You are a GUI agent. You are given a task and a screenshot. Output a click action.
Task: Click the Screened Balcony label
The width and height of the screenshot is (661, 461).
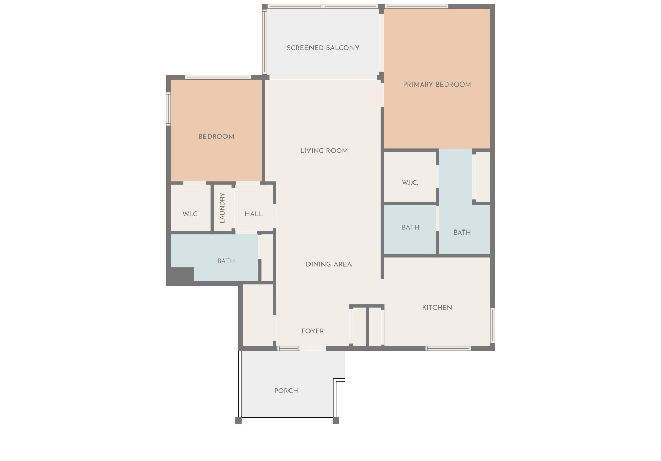pos(323,48)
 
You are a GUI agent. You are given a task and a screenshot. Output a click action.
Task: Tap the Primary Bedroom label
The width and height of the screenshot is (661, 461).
pos(437,85)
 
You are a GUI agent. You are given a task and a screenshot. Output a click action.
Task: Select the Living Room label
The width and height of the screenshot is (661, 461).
pos(324,151)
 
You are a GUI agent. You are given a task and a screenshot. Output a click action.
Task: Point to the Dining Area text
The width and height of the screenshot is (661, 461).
pos(329,265)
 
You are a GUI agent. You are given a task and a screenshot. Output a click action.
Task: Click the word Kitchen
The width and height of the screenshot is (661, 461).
pos(437,308)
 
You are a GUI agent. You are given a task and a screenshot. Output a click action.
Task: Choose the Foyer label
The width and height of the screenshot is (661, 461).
pos(313,331)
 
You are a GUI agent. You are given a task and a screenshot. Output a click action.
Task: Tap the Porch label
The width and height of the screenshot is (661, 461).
pos(286,391)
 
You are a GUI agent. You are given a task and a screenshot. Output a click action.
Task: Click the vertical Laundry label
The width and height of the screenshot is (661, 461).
pos(222,207)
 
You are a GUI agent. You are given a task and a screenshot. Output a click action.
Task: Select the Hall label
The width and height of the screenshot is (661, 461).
pos(254,214)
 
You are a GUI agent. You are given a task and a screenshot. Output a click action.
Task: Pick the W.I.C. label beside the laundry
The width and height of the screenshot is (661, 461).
pos(191,214)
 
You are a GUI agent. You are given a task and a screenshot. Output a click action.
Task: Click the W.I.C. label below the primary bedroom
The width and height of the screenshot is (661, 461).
pos(410,183)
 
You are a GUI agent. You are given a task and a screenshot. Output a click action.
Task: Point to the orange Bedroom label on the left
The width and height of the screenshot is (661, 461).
pos(216,137)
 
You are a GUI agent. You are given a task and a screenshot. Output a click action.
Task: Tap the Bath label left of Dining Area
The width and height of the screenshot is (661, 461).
pos(226,261)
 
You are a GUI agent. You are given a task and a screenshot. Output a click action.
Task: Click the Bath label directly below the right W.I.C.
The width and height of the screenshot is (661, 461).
pos(410,228)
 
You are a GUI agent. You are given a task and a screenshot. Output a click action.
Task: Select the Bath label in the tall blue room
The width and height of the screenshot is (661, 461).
pos(462,233)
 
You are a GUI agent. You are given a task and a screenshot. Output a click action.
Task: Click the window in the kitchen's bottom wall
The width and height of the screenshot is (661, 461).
pos(448,349)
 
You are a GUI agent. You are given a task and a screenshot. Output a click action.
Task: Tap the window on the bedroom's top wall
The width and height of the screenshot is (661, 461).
pos(218,77)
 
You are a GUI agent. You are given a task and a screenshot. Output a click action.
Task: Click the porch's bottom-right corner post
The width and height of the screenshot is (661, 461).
pos(336,421)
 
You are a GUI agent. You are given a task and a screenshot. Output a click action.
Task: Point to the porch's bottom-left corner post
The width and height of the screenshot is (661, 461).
pos(238,421)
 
